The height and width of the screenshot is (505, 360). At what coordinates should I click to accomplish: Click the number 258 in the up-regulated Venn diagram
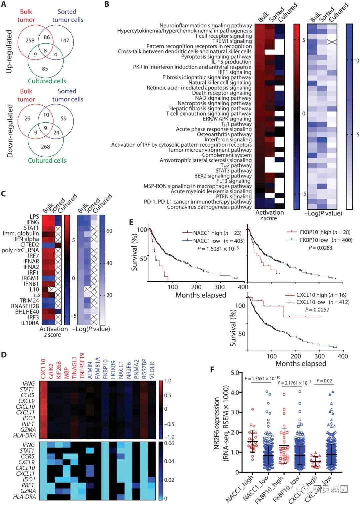pos(30,40)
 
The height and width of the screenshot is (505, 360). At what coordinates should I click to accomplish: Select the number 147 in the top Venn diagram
pos(65,40)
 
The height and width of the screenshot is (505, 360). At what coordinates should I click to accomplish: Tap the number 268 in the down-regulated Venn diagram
pos(45,147)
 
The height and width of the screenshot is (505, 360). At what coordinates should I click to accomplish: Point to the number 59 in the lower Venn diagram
pos(64,118)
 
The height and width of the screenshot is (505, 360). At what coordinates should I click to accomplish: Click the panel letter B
pos(107,5)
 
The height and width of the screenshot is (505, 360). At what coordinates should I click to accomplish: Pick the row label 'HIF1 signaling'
pos(234,72)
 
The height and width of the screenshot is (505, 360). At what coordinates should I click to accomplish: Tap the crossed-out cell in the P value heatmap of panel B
pos(332,41)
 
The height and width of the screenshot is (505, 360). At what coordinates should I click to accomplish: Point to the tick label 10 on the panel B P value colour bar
pos(356,60)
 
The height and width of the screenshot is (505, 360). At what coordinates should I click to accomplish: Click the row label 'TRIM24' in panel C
pos(30,300)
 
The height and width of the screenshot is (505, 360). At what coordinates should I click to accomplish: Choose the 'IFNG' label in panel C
pos(33,222)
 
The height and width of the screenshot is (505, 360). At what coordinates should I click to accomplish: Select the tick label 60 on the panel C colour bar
pos(109,231)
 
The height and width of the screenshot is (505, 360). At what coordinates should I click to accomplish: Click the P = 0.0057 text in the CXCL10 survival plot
pos(317,310)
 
